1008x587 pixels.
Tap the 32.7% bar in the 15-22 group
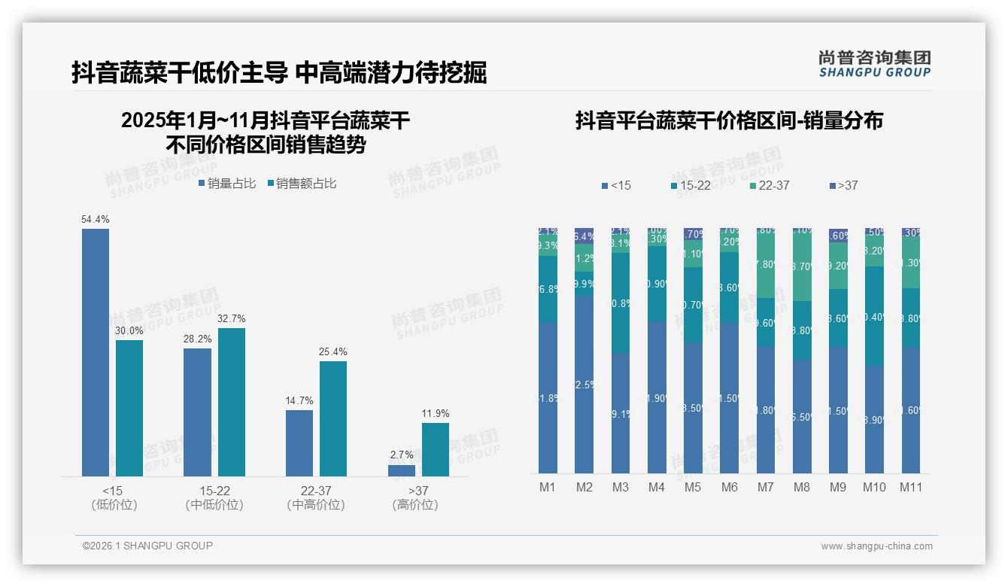[232, 402]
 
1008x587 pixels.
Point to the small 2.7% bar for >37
[402, 470]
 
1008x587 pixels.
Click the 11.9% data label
[436, 413]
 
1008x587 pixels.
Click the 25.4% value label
[333, 351]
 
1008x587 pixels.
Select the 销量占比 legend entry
[228, 183]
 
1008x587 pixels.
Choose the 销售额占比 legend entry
[302, 183]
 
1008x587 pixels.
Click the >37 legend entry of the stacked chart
[844, 185]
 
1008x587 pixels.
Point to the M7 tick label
[765, 487]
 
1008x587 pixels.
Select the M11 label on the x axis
[911, 487]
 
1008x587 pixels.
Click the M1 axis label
[548, 487]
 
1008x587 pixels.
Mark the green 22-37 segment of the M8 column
[802, 267]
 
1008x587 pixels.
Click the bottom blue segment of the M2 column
[584, 384]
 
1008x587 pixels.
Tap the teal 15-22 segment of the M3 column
[621, 303]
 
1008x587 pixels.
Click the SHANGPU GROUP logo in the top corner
[874, 64]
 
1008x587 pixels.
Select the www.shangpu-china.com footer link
[876, 546]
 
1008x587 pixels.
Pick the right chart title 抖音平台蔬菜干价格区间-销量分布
[729, 121]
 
